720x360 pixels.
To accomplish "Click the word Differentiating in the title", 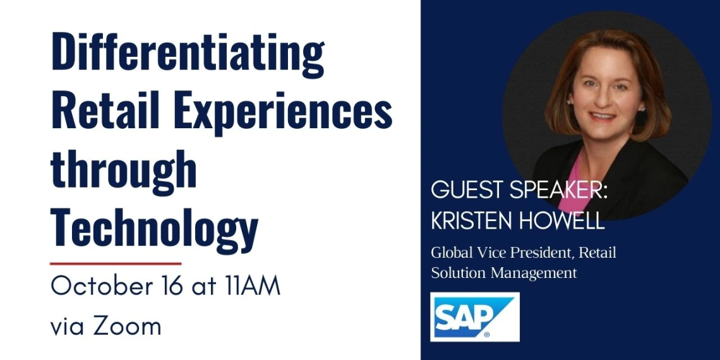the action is click(x=188, y=53).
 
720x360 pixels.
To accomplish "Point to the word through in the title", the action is click(x=124, y=170).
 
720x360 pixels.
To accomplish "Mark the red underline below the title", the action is click(x=116, y=264).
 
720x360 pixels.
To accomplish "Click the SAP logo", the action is click(x=475, y=317).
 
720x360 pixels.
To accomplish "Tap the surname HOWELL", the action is click(x=562, y=221).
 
